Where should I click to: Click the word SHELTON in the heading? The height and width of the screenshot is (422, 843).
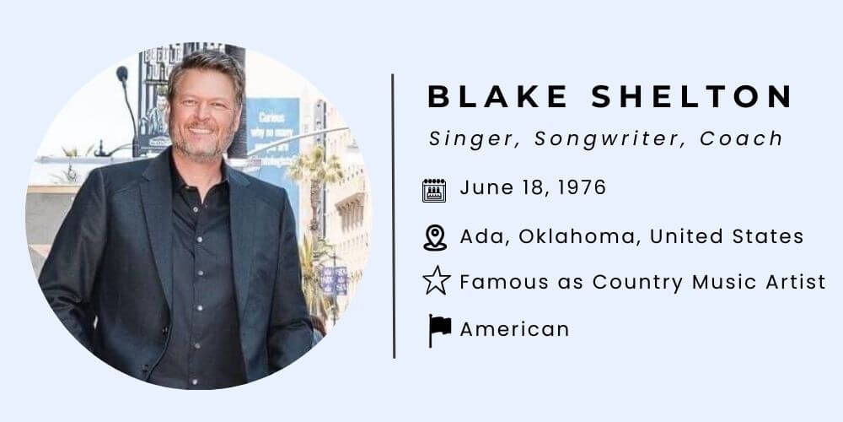[691, 96]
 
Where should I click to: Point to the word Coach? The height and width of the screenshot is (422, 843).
[742, 139]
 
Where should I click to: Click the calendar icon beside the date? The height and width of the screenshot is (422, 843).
[434, 189]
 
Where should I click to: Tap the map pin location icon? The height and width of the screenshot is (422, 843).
[435, 237]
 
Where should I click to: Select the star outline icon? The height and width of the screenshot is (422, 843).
[436, 281]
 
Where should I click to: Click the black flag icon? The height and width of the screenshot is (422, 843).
[439, 329]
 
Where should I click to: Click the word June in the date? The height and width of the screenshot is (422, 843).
[481, 187]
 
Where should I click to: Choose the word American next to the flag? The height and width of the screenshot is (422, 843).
[514, 328]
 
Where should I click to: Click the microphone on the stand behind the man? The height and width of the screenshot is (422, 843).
[121, 74]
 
